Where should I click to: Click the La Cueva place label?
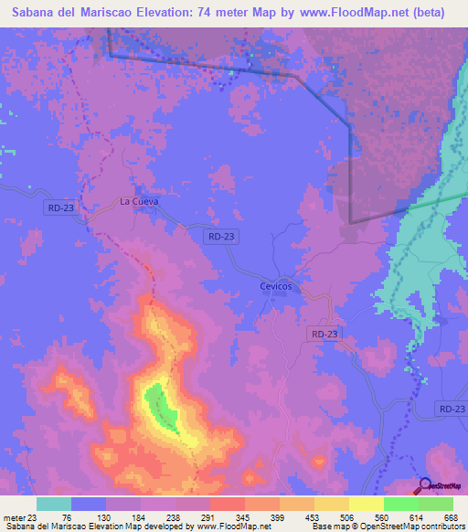point(139,201)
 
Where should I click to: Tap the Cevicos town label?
point(273,286)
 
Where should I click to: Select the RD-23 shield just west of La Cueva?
point(59,208)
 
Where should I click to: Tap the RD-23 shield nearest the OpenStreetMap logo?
point(451,409)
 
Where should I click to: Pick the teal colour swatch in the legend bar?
point(54,505)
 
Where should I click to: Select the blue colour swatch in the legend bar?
point(89,505)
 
